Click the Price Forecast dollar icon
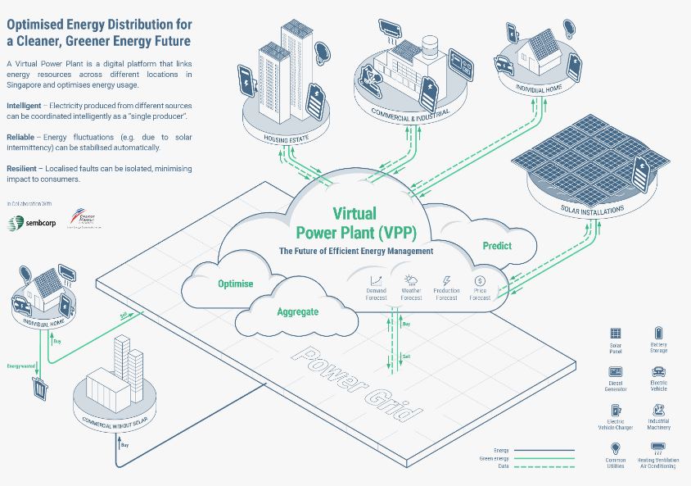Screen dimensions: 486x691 (480, 280)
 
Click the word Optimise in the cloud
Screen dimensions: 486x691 (235, 284)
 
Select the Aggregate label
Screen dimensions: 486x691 (297, 311)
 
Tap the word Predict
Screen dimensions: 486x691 (496, 245)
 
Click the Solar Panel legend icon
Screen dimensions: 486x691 (615, 334)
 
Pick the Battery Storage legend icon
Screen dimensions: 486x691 (658, 333)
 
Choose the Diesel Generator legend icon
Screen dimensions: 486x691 (616, 372)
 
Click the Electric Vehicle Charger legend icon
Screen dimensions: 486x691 (616, 410)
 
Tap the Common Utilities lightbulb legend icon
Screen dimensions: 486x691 (616, 448)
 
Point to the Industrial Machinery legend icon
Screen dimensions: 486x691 (658, 411)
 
